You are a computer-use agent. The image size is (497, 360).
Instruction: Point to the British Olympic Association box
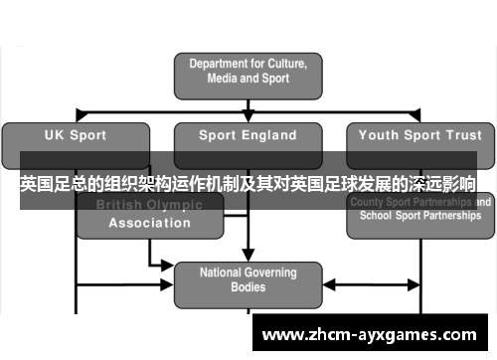coord(150,215)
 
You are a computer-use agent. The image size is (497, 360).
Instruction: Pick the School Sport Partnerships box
coord(418,215)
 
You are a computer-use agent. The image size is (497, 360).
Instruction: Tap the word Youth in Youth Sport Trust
coord(379,135)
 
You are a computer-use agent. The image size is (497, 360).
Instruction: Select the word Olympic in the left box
coord(175,205)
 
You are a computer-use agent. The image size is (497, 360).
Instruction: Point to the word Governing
coord(264,271)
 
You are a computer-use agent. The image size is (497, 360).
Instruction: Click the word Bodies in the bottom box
coord(248,287)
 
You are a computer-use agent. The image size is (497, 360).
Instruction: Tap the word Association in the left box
coord(150,223)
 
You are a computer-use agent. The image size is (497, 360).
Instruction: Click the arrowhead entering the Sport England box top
coord(248,116)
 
